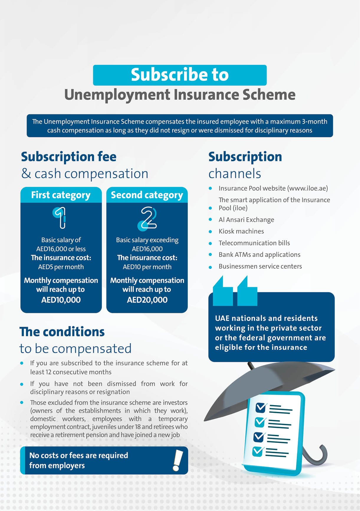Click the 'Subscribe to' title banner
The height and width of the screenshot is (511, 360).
180,75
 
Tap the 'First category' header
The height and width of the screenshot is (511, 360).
61,195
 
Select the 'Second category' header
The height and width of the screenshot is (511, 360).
147,195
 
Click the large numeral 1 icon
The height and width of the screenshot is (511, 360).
60,218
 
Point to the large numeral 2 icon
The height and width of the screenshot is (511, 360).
148,218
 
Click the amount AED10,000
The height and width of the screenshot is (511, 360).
61,300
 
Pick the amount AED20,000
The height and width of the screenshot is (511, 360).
147,300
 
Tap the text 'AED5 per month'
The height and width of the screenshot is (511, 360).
61,267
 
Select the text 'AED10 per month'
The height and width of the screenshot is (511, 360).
147,267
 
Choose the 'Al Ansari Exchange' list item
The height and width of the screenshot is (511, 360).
246,220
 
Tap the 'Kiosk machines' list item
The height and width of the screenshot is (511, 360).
241,231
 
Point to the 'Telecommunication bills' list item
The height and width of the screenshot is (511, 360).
254,243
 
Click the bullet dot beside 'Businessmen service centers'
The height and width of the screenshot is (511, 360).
210,267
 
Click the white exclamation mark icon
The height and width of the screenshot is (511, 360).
177,460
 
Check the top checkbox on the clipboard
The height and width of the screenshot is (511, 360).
261,408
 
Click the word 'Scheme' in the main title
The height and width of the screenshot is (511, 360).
269,95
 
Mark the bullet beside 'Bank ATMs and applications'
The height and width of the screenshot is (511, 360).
210,254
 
